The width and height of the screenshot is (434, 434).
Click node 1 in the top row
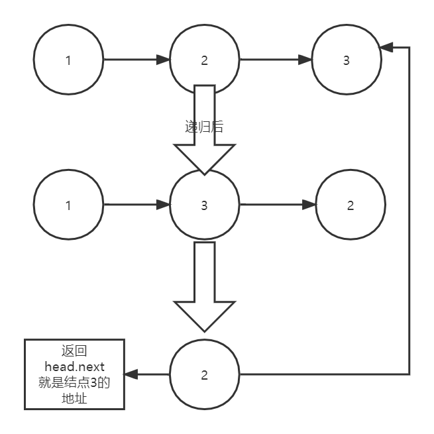tap(68, 60)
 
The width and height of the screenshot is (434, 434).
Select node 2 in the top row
tap(204, 60)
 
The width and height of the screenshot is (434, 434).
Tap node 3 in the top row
tap(347, 60)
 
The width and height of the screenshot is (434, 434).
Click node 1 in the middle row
tap(68, 205)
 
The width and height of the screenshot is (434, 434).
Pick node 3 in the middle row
tap(204, 205)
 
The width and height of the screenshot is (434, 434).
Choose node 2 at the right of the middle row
tap(351, 205)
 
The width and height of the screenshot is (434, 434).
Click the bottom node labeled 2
tap(204, 375)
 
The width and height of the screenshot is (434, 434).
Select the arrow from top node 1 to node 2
tap(136, 60)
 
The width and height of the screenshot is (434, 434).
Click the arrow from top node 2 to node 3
tap(275, 60)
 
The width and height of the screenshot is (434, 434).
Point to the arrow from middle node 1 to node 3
tap(136, 205)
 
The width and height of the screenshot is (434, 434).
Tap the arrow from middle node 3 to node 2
tap(277, 205)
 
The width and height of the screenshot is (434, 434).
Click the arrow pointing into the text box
tap(147, 375)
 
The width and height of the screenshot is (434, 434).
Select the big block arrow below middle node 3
tap(205, 285)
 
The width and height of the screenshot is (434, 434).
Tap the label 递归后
tap(204, 127)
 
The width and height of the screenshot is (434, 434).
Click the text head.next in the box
tap(74, 366)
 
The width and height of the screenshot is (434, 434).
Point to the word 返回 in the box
tap(74, 351)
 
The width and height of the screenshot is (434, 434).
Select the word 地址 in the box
tap(74, 399)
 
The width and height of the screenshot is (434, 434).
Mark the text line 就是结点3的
tap(74, 383)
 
